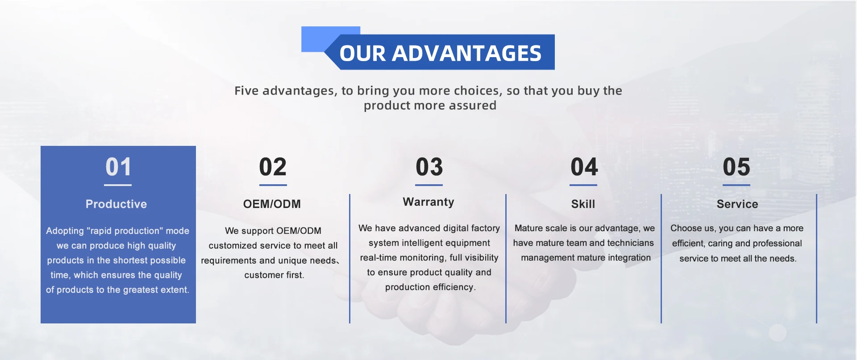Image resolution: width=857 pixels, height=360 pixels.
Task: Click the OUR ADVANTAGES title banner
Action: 440,52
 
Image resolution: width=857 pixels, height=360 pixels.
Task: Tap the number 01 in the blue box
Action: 118,167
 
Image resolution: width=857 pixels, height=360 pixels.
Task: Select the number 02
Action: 273,167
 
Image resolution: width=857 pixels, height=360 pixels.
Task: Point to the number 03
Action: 429,167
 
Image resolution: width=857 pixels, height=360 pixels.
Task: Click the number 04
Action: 584,167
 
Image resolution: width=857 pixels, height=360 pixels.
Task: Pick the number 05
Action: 736,167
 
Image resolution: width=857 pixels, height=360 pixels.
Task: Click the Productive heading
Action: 116,204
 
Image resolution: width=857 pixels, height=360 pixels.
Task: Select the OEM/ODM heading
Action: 272,204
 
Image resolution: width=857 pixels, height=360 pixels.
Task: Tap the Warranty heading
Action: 428,202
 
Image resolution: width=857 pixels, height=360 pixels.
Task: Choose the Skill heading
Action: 583,204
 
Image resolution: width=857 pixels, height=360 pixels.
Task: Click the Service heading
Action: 737,204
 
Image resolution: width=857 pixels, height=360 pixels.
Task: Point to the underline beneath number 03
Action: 429,185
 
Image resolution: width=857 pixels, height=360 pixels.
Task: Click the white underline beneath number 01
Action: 118,185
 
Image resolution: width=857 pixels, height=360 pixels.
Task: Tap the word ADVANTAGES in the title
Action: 466,53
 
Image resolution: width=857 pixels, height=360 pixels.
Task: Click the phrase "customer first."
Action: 274,275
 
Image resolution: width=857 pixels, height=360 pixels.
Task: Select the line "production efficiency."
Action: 430,287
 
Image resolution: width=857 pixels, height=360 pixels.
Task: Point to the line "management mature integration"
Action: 586,258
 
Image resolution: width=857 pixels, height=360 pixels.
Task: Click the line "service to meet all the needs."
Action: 738,259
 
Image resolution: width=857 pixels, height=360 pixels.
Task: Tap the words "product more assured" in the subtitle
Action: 430,105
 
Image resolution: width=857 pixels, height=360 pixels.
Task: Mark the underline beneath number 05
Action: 736,185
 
